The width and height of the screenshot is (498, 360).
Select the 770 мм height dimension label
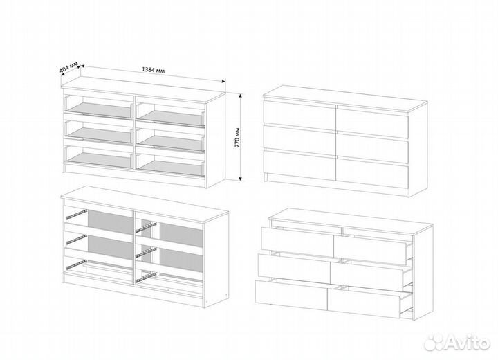237,139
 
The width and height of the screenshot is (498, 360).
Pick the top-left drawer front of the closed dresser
299,114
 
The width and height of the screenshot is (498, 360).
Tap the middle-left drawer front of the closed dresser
299,137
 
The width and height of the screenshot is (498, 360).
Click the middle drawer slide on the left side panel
75,240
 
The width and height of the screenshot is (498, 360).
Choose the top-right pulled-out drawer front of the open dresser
372,248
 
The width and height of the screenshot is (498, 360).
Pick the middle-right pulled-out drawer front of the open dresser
368,276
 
